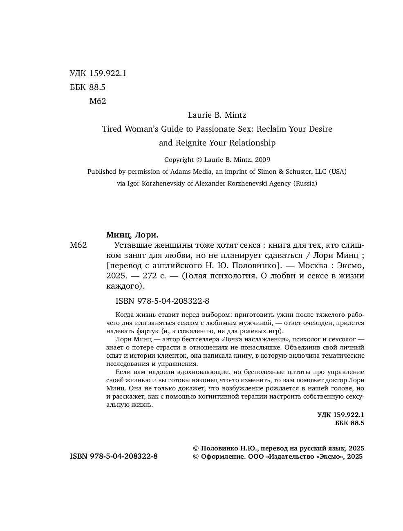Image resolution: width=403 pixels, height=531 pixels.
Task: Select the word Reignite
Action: (x=191, y=143)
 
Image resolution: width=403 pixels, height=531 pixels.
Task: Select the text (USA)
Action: (x=338, y=172)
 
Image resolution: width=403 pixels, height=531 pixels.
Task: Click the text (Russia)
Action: (x=304, y=184)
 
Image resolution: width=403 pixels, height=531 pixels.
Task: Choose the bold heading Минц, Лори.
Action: (x=132, y=235)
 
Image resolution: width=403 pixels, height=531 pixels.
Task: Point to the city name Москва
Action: (x=312, y=266)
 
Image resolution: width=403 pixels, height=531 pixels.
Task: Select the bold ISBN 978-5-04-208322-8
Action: (x=114, y=457)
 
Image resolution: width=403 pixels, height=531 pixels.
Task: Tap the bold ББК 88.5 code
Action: (x=349, y=423)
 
